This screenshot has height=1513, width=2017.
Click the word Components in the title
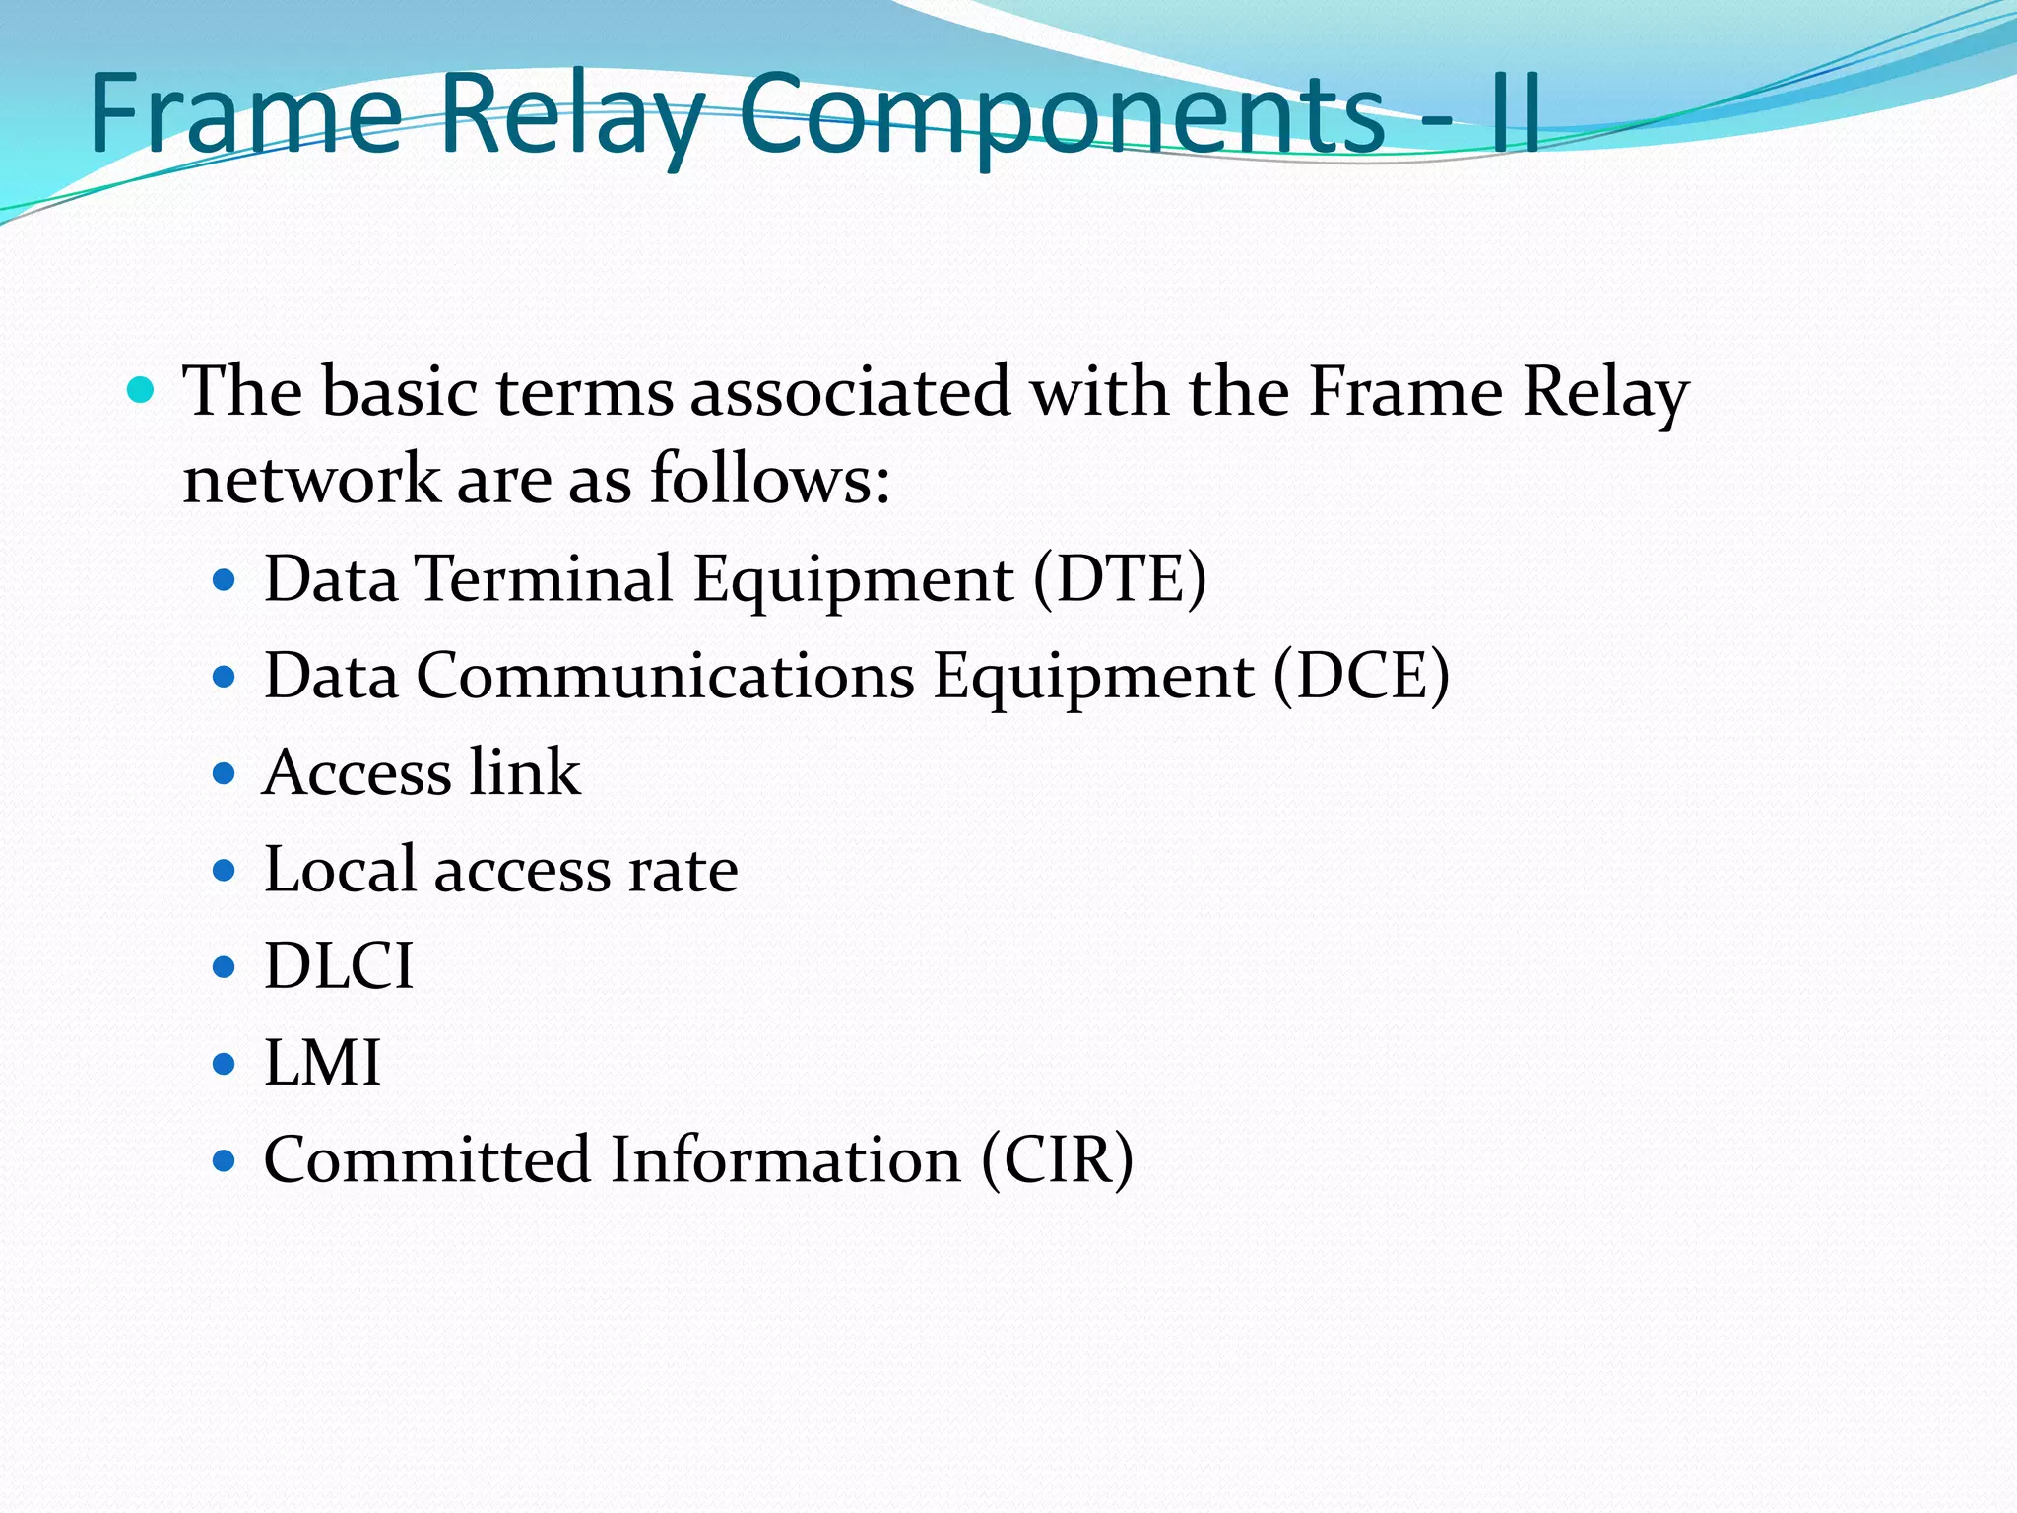click(x=1062, y=116)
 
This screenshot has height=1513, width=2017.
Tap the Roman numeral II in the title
click(x=1515, y=116)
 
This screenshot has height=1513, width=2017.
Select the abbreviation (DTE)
click(x=1120, y=578)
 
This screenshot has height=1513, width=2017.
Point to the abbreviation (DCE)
click(x=1361, y=676)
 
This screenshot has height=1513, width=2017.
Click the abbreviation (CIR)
click(x=1057, y=1159)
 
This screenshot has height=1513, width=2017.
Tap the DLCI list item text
click(x=339, y=966)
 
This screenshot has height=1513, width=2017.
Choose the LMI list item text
click(x=322, y=1063)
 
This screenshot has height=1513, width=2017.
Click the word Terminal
click(x=545, y=578)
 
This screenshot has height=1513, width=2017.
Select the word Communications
click(x=665, y=676)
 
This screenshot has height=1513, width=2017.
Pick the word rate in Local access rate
click(x=683, y=871)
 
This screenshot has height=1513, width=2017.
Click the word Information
click(x=785, y=1159)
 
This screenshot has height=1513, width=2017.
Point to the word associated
click(x=850, y=392)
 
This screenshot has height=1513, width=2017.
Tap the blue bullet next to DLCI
click(x=225, y=967)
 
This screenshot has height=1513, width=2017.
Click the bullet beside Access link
click(x=225, y=773)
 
